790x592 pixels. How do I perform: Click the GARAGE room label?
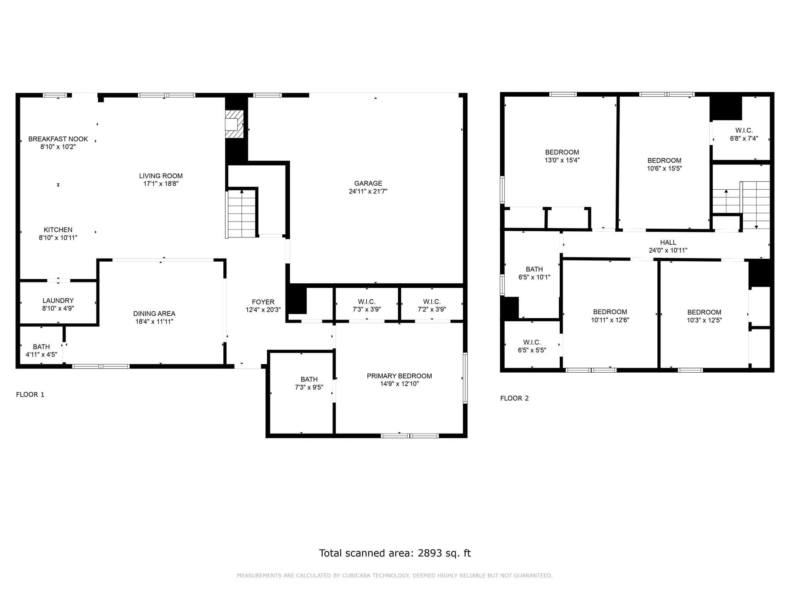pos(368,183)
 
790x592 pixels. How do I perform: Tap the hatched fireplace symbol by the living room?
pos(235,124)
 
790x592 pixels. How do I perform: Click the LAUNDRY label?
pos(58,301)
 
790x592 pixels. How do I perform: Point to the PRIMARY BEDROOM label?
pos(399,376)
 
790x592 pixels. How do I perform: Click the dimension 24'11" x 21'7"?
pos(368,192)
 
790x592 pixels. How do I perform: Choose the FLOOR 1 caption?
pos(30,395)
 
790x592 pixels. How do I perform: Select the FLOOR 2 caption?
pos(514,399)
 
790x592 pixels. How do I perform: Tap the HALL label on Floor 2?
pos(668,242)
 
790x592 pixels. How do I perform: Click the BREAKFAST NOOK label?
pos(58,139)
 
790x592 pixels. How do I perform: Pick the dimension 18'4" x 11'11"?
pos(154,322)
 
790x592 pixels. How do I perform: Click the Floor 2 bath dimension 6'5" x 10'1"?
pos(534,277)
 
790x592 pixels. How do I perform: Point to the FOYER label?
pos(263,302)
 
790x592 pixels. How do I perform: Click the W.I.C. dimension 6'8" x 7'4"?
pos(744,138)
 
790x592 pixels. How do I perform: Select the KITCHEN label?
pos(58,230)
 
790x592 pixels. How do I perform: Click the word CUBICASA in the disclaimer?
pos(358,575)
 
